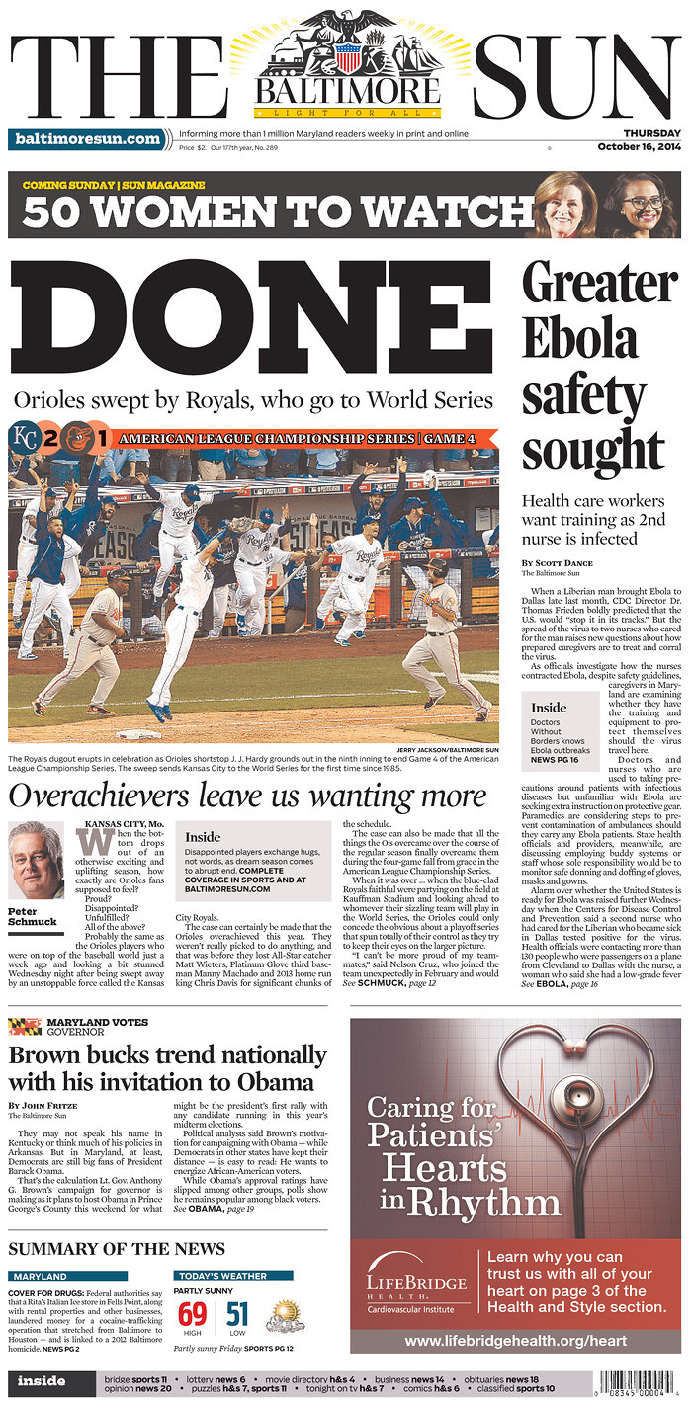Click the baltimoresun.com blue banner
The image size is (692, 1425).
coord(88,139)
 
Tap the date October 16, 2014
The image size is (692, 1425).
coord(639,147)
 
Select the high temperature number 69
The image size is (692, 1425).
coord(192,1315)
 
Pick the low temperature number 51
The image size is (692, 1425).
coord(237,1315)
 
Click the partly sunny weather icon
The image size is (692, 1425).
coord(285,1315)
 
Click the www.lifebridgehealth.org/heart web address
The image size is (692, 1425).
coord(515,1341)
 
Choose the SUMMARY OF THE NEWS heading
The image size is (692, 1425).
coord(117,1249)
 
